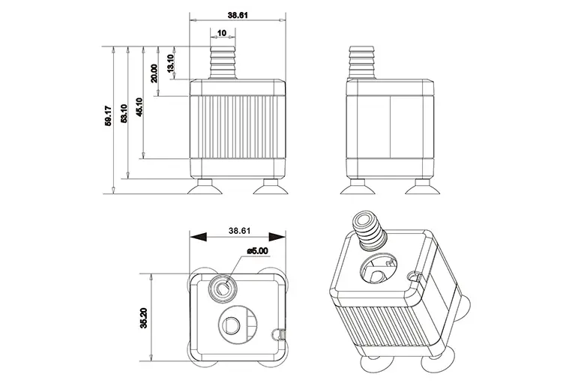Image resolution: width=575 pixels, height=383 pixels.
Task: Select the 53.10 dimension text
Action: pos(123,112)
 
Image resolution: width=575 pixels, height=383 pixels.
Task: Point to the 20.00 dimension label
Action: pos(154,73)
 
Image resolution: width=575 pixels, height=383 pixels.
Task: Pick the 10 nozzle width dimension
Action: pos(222,33)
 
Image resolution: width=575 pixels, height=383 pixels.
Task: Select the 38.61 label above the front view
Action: pos(238,14)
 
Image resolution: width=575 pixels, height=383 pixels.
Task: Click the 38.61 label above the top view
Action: pos(238,231)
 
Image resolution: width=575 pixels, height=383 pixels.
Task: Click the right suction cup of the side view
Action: pos(423,185)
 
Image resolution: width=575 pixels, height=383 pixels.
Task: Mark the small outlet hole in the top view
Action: pos(223,286)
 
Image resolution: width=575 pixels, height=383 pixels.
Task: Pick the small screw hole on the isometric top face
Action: pos(410,279)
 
